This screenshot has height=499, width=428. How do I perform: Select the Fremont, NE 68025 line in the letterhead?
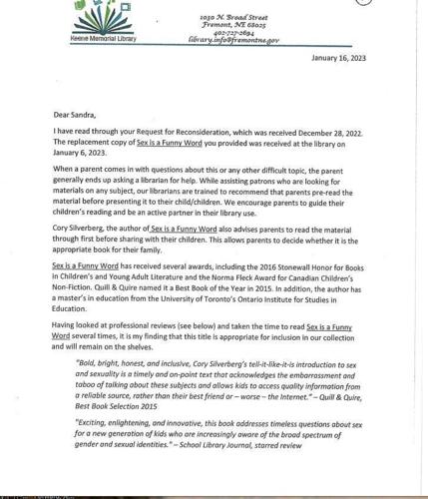click(231, 25)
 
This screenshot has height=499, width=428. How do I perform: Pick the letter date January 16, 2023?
click(338, 58)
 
